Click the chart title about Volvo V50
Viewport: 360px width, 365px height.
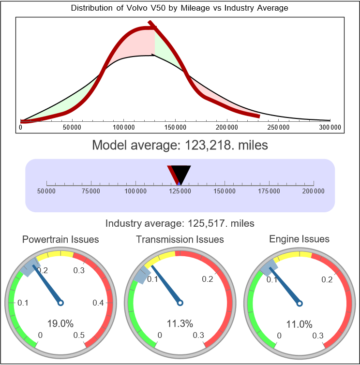(180, 8)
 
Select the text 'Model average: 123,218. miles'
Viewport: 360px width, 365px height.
(180, 145)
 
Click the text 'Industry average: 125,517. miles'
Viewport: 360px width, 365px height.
(180, 223)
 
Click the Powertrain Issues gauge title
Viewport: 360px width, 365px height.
(60, 239)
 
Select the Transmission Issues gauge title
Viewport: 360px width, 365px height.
(180, 239)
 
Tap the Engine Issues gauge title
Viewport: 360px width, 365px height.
(299, 239)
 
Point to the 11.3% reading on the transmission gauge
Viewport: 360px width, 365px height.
(180, 323)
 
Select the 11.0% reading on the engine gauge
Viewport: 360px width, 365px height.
(299, 323)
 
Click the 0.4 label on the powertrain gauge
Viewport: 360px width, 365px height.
(98, 303)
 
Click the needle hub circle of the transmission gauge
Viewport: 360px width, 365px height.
(180, 303)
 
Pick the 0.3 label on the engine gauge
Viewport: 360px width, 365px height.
(318, 336)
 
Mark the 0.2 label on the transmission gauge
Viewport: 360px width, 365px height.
(208, 279)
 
